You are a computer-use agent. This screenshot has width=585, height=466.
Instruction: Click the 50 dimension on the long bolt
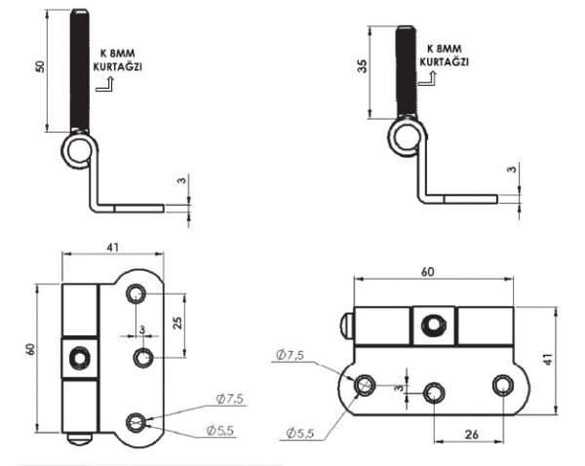click(x=40, y=67)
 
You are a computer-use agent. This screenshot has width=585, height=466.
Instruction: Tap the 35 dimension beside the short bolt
click(x=363, y=65)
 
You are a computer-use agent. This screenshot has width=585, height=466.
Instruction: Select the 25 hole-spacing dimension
click(x=178, y=323)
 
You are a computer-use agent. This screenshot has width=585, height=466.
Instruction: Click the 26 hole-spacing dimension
click(x=472, y=435)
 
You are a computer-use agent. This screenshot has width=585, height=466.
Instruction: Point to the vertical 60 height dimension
click(x=30, y=349)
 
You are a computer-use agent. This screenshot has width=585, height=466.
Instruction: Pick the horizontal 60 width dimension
click(x=428, y=272)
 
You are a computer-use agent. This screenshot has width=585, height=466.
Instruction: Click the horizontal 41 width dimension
click(x=113, y=248)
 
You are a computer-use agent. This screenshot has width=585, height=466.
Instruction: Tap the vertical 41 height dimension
click(x=548, y=360)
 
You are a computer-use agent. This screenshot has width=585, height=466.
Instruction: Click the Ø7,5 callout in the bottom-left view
click(x=229, y=399)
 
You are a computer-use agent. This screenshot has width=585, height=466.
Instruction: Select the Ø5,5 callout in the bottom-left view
click(x=220, y=431)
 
